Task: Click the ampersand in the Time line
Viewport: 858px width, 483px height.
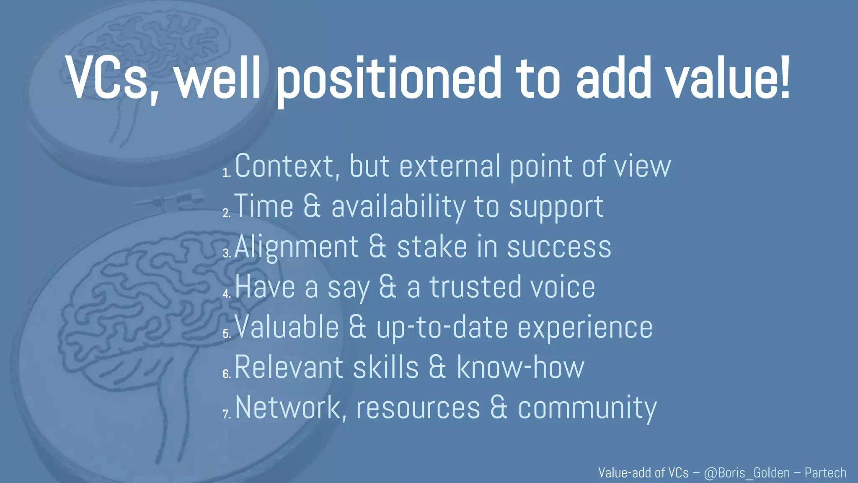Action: (x=312, y=206)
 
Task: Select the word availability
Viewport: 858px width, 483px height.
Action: (x=398, y=207)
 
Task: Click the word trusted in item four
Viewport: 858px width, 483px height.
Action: (x=475, y=287)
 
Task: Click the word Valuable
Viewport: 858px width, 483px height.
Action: (x=287, y=327)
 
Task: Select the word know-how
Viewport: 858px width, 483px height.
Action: (x=520, y=367)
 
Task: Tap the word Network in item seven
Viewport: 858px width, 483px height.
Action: (x=288, y=408)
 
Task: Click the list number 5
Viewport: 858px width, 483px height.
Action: (x=226, y=334)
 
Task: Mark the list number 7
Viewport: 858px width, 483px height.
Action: (x=226, y=414)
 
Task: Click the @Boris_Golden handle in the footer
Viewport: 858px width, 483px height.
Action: (x=747, y=473)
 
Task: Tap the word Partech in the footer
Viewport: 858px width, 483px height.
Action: (x=825, y=473)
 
